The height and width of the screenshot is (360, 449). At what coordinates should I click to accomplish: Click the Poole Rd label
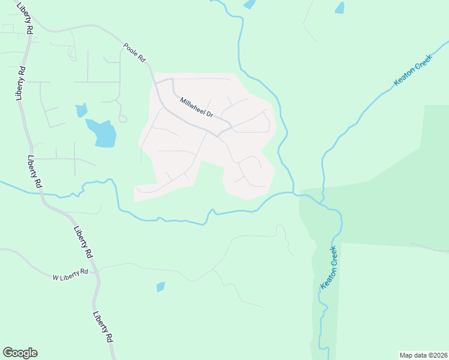tap(134, 52)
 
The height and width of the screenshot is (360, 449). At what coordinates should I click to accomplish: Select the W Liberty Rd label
tap(70, 274)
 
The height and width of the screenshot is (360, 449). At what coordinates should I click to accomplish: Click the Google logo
tap(20, 353)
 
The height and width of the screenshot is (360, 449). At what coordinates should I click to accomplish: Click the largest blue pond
tap(101, 133)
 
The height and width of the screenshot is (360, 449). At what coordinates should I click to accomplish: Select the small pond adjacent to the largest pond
tap(81, 110)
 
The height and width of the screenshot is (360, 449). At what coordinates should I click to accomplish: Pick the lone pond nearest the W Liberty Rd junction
tap(160, 287)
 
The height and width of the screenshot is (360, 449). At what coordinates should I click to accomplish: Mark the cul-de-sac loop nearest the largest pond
tap(122, 118)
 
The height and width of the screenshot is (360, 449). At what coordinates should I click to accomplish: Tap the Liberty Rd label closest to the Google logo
tap(103, 326)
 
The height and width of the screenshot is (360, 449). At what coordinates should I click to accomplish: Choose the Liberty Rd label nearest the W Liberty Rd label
tap(83, 241)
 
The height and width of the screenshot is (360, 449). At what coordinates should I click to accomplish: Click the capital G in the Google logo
tap(8, 352)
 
